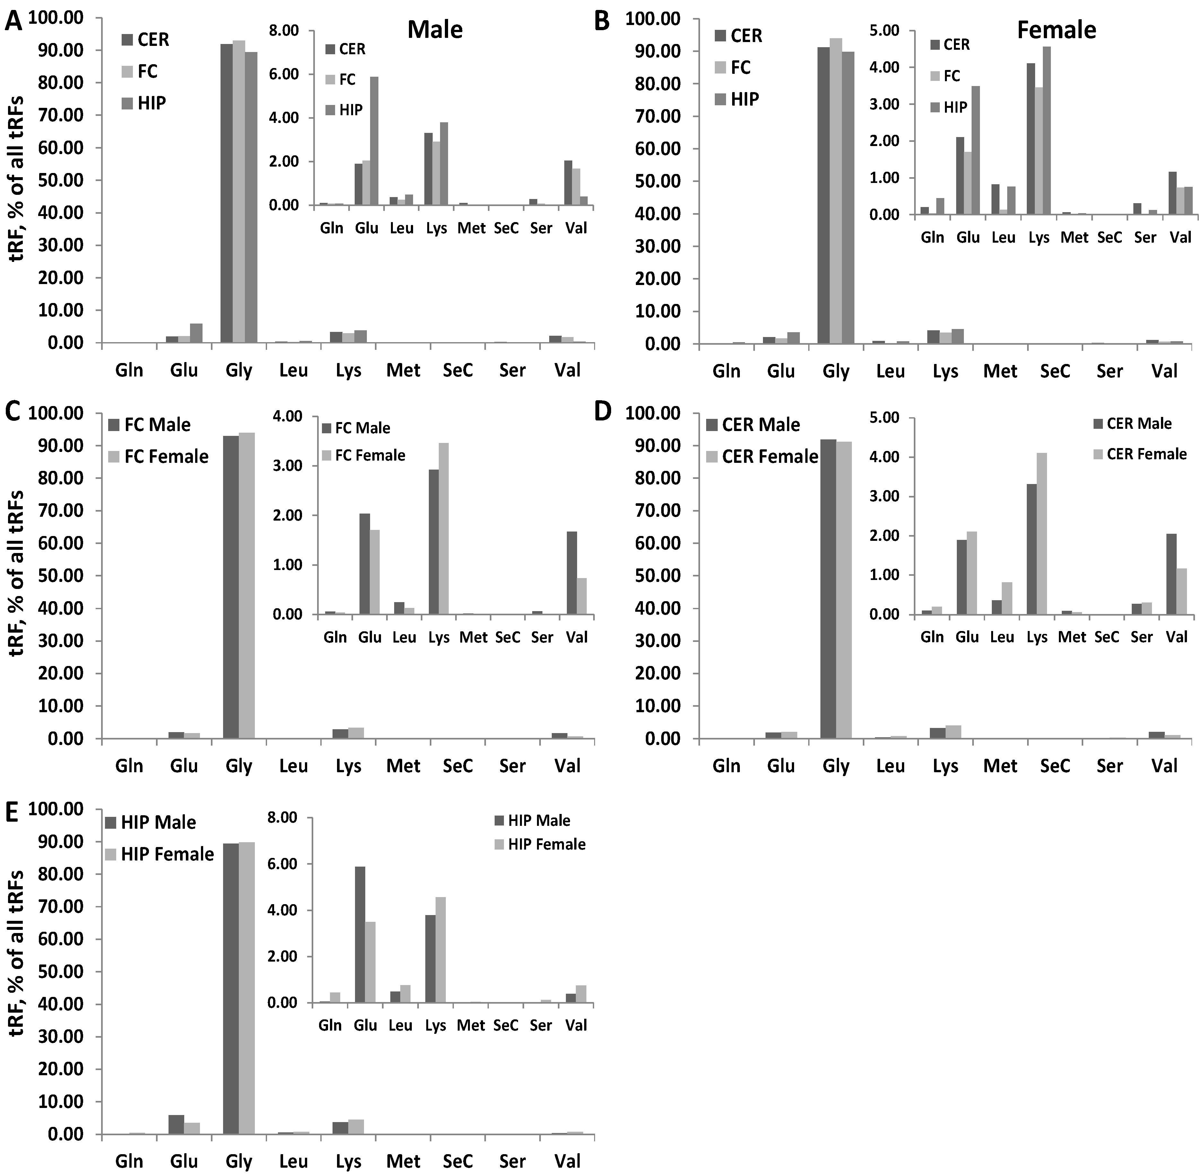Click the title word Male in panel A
[435, 29]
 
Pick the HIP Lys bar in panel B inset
[1046, 131]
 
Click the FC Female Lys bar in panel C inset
[443, 529]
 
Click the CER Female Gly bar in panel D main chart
[844, 590]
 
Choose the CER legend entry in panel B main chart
[738, 36]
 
